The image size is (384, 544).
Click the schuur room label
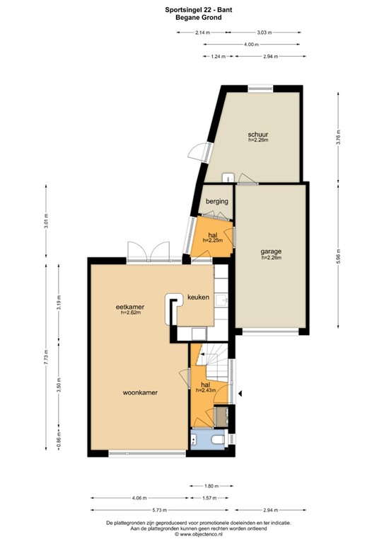(258, 135)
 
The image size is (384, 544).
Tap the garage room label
(271, 251)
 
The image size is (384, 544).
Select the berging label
(217, 201)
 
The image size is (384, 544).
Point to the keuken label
(199, 297)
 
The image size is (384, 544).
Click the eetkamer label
(130, 307)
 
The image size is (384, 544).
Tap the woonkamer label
(140, 392)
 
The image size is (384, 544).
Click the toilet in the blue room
(219, 441)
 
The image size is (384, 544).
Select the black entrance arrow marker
(240, 393)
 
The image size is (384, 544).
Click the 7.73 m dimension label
(47, 357)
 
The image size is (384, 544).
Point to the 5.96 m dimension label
(339, 256)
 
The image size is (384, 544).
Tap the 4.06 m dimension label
(139, 498)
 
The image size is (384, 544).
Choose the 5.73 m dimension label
(160, 510)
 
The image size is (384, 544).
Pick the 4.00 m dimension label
(251, 45)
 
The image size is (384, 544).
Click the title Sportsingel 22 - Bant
(199, 10)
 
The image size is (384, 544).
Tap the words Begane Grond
(199, 17)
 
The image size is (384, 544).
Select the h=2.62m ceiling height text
(131, 312)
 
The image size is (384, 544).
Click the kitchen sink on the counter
(221, 300)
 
